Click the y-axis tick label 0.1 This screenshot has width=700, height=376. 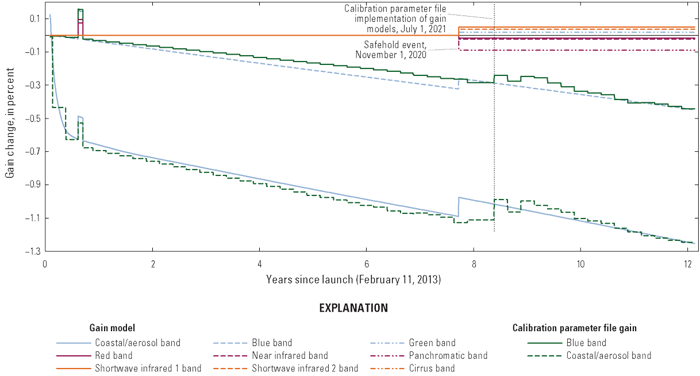click(34, 18)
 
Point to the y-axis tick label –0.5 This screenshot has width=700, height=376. click(32, 118)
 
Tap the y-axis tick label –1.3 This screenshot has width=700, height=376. click(32, 251)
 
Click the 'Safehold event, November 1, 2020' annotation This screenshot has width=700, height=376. click(395, 49)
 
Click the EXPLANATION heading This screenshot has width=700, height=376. click(353, 308)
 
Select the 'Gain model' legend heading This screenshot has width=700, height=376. click(112, 328)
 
